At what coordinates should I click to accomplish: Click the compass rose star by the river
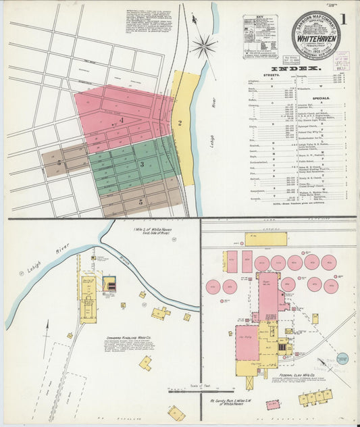coord(203,47)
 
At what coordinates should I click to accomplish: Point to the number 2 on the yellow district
coord(180,123)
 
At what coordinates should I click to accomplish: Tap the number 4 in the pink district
coord(122,120)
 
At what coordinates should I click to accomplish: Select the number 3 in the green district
coord(142,164)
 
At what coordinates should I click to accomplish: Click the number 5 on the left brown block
coord(59,163)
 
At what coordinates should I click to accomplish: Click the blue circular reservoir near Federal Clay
coord(342,359)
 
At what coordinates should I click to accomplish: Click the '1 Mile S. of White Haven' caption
coord(153,233)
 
